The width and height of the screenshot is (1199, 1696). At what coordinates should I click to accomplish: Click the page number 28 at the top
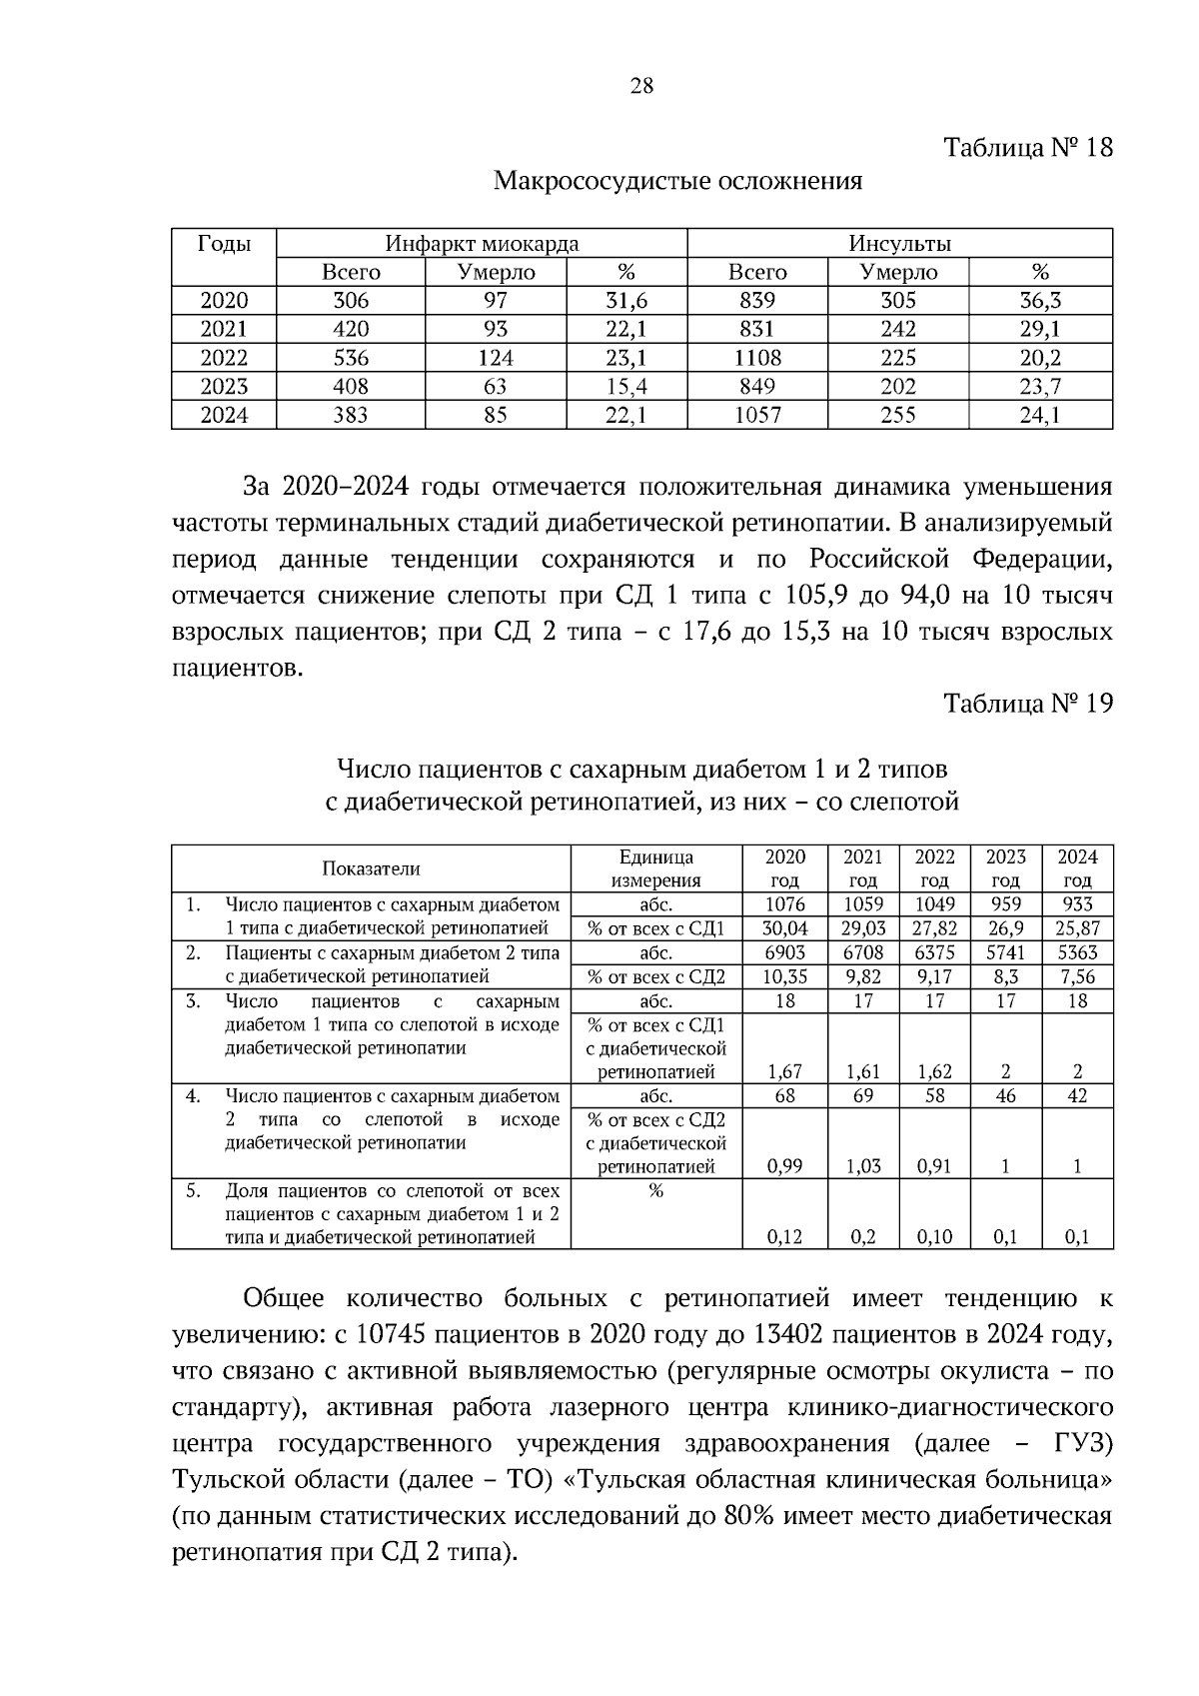pyautogui.click(x=641, y=86)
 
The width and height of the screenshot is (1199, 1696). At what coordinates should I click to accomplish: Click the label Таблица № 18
pyautogui.click(x=1028, y=148)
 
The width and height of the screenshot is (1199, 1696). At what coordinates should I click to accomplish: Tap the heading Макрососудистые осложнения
pyautogui.click(x=677, y=181)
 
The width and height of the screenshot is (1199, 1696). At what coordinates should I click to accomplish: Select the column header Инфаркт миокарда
pyautogui.click(x=482, y=243)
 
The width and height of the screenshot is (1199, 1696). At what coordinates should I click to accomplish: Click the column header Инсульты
pyautogui.click(x=899, y=243)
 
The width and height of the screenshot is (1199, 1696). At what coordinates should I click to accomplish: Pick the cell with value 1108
pyautogui.click(x=757, y=358)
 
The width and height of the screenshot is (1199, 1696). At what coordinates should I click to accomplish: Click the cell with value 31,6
pyautogui.click(x=626, y=301)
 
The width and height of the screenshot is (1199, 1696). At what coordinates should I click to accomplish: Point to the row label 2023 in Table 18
pyautogui.click(x=224, y=387)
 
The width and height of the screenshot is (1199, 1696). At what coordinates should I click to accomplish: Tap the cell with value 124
pyautogui.click(x=496, y=358)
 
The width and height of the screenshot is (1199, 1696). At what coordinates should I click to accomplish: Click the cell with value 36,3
pyautogui.click(x=1040, y=301)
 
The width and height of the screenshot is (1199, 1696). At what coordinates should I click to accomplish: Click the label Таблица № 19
pyautogui.click(x=1028, y=703)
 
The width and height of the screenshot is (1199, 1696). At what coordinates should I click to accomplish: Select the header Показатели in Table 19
pyautogui.click(x=371, y=868)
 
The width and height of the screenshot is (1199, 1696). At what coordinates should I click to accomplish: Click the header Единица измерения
pyautogui.click(x=655, y=868)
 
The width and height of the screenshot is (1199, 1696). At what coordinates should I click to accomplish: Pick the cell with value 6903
pyautogui.click(x=784, y=952)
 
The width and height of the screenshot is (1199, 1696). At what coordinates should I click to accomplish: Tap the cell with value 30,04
pyautogui.click(x=784, y=928)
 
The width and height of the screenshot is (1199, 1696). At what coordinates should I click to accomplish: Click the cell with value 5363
pyautogui.click(x=1077, y=952)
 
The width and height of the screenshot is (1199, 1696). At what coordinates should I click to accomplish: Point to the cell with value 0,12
pyautogui.click(x=784, y=1237)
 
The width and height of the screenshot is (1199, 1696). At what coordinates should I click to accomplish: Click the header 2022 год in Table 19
pyautogui.click(x=934, y=868)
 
